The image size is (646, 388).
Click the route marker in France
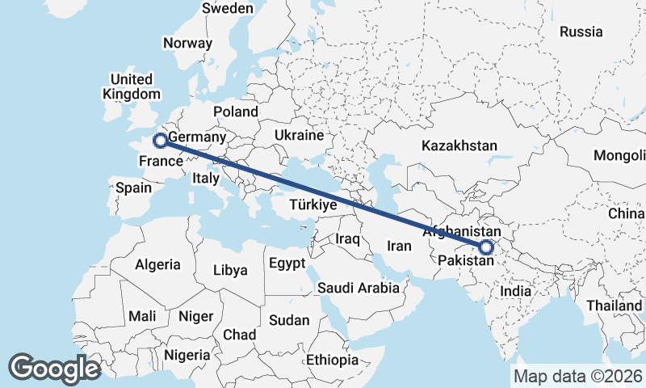coord(160,141)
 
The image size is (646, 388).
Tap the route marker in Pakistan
coord(486,247)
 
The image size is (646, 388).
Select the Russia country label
coord(581,32)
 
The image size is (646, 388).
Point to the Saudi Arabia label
coord(359,288)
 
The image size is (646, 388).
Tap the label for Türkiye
coord(313,205)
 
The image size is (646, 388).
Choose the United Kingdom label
coord(131,86)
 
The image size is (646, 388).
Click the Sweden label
coord(228,8)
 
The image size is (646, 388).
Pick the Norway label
coord(187,44)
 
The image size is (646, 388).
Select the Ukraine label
coord(299,135)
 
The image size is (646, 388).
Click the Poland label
coord(235,112)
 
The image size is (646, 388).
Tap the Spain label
coord(133,188)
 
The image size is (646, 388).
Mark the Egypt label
coord(287,264)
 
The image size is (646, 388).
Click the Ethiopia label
coord(332,360)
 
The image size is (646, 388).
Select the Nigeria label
coord(187,354)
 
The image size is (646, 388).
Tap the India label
coord(515,291)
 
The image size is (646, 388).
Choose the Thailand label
coord(615,306)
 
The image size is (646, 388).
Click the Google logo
coord(54,368)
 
